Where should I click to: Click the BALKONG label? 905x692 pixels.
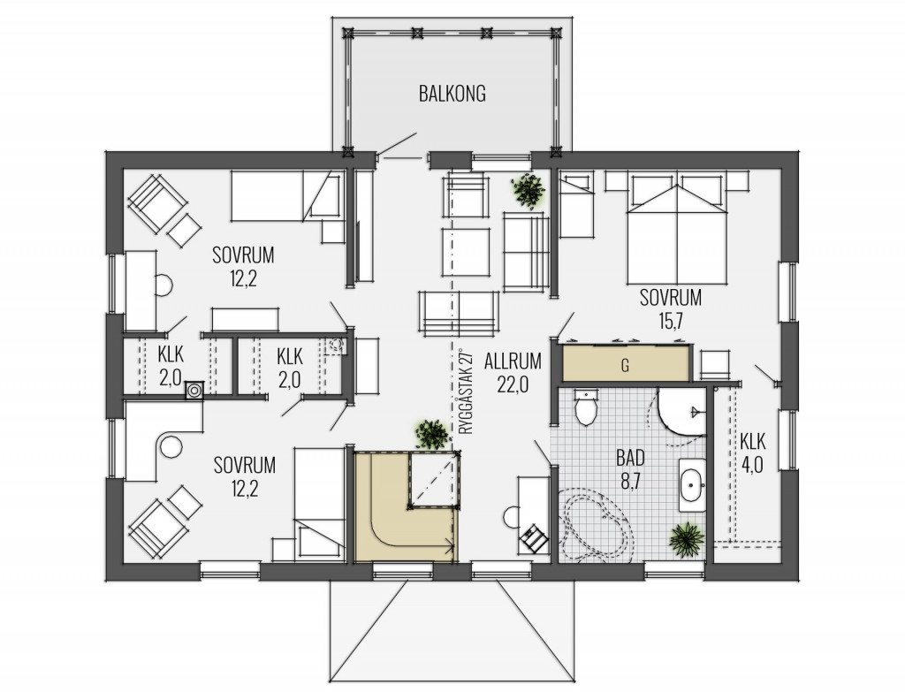(x=452, y=94)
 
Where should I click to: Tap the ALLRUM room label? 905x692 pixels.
(x=513, y=361)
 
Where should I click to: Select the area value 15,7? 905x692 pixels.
(x=670, y=321)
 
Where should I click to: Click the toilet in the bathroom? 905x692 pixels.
(x=587, y=407)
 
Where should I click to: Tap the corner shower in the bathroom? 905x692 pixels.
(x=682, y=412)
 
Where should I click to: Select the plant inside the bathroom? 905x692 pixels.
(x=687, y=540)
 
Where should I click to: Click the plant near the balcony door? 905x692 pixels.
(x=529, y=191)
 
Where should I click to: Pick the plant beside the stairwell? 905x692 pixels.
(x=432, y=434)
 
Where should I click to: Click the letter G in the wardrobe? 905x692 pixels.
(x=625, y=365)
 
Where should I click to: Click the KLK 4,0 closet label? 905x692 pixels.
(x=753, y=453)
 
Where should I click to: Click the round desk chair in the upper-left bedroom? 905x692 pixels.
(x=164, y=285)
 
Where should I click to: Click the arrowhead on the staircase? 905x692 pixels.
(x=448, y=542)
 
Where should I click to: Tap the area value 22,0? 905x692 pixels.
(x=513, y=384)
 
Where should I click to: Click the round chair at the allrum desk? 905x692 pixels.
(x=512, y=516)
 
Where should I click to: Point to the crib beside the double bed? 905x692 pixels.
(x=576, y=204)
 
